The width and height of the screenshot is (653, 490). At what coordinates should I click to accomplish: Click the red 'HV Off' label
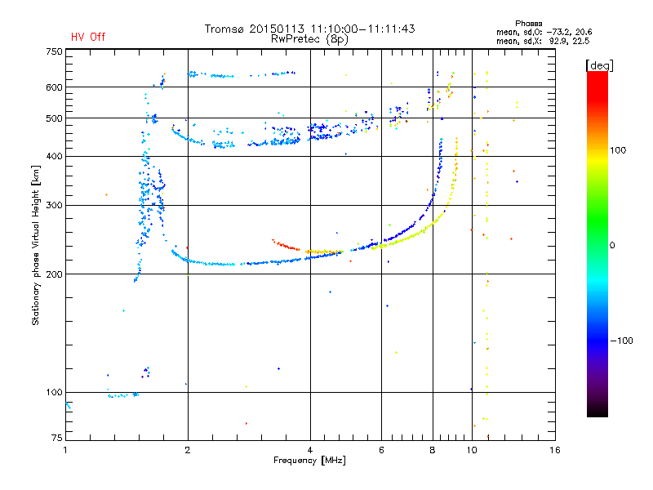click(x=88, y=37)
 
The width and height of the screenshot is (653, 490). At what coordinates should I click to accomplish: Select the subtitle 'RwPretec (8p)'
click(x=309, y=39)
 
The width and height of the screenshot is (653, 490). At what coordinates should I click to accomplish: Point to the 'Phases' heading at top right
click(x=528, y=24)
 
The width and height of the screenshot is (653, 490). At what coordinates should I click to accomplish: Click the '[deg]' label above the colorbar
click(x=599, y=65)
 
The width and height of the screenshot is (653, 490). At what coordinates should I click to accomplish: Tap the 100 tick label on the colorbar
click(x=618, y=150)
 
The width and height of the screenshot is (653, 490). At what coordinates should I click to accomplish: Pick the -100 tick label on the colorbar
click(x=621, y=341)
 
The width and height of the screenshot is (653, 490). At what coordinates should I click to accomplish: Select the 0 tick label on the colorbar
click(x=612, y=246)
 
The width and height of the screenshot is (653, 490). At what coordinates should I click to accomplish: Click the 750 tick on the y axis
click(x=54, y=51)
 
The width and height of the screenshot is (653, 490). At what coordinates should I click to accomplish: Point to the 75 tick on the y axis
click(x=57, y=438)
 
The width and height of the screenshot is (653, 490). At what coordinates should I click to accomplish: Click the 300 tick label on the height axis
click(x=54, y=206)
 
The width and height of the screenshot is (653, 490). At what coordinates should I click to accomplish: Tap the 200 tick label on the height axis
click(x=54, y=274)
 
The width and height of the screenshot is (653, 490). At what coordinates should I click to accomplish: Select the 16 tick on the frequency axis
click(x=555, y=450)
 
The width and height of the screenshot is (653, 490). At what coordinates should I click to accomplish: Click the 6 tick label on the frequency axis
click(x=381, y=450)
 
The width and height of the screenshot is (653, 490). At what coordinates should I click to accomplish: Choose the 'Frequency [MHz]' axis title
click(x=309, y=461)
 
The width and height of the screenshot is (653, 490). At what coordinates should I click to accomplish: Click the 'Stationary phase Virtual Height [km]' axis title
click(x=36, y=245)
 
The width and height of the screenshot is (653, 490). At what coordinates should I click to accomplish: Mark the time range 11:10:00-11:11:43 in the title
click(x=362, y=29)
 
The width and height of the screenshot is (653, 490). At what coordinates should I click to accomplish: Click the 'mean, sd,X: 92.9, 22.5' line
click(x=543, y=42)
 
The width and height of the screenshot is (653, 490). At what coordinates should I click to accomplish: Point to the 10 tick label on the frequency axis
click(x=472, y=450)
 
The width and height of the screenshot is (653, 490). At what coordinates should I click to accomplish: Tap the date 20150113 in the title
click(x=277, y=29)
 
